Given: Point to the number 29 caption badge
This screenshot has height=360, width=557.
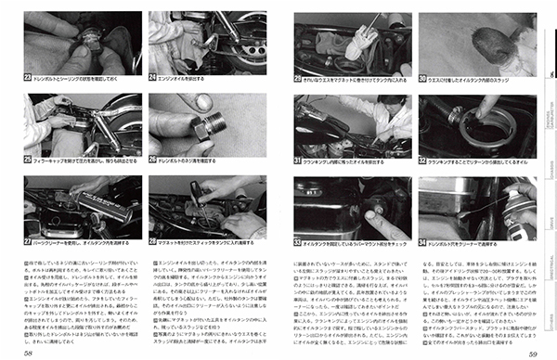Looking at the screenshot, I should [x=298, y=79].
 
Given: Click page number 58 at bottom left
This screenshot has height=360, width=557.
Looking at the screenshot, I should [x=32, y=352].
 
